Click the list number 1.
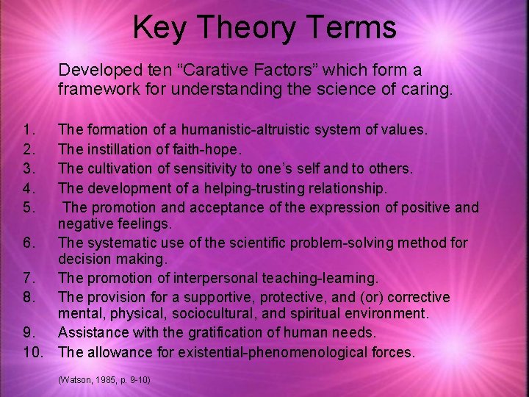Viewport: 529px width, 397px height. point(29,130)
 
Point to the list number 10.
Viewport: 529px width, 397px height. point(32,352)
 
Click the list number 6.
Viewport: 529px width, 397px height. point(29,243)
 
